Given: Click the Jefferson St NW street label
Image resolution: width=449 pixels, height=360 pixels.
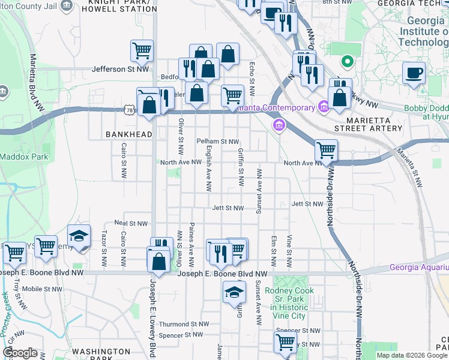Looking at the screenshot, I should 120,70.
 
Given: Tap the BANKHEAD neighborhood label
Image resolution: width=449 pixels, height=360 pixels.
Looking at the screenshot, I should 129,134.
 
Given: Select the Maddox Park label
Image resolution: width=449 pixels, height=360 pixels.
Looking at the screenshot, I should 14,158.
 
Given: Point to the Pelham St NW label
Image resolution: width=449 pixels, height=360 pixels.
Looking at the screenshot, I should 218,142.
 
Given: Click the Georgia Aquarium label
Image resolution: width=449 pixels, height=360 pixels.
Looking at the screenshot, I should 418,267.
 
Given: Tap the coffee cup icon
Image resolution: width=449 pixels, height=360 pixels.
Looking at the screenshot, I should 414,74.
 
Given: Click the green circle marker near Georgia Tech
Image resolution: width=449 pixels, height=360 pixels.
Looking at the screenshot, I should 346,61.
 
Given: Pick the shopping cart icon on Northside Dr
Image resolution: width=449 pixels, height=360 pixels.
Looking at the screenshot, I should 326,150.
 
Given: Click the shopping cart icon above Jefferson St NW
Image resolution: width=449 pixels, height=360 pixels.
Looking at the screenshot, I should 142,50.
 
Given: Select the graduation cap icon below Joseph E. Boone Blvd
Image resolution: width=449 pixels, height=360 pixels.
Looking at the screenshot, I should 234,293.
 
